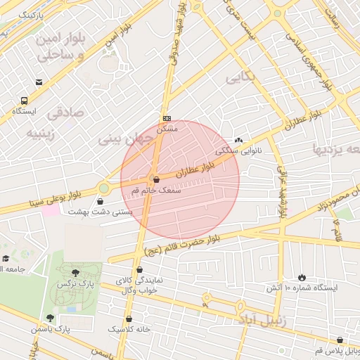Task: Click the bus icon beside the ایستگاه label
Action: (25, 101)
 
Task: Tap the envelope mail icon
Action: (39, 82)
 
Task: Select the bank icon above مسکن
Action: (167, 118)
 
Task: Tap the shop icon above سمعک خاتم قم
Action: (155, 180)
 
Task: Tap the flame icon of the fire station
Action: (302, 278)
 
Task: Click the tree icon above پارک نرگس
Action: (76, 273)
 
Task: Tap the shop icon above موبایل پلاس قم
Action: (340, 340)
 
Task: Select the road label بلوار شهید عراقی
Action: (282, 193)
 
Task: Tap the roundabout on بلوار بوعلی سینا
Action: (104, 188)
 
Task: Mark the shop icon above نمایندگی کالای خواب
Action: (140, 269)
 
